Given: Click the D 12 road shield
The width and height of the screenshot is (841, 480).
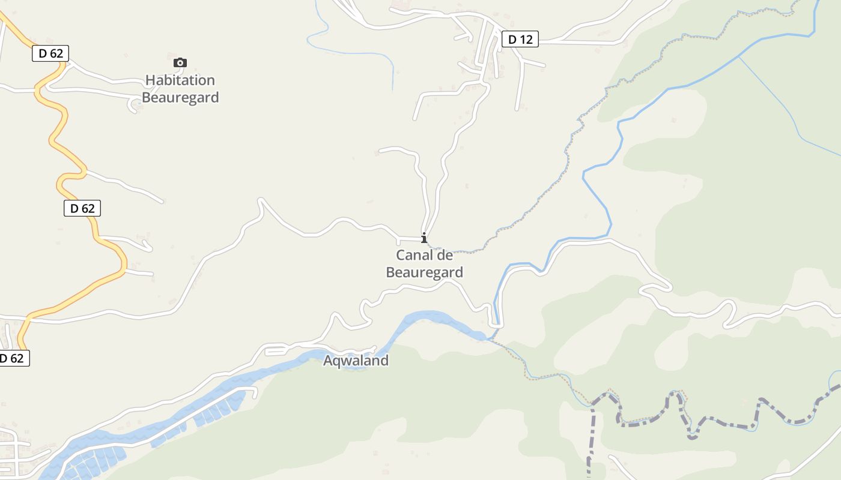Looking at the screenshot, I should coord(520,40).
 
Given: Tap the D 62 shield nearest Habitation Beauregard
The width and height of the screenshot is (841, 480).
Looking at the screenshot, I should coord(50,53).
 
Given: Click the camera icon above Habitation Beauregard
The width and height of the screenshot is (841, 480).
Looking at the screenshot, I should coord(180,62).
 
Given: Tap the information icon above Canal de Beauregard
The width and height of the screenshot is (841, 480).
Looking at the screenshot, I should coord(424,238).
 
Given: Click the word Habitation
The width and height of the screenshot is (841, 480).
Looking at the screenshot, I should coord(180,80).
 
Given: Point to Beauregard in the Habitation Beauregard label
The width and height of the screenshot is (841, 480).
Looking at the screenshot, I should coord(180,97).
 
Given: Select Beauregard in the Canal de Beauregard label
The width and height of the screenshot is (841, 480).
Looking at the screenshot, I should coord(424,272).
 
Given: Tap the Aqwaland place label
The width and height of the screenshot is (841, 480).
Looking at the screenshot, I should coord(356,361).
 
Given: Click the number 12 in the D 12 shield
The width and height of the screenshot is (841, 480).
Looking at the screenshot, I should coord(526,40).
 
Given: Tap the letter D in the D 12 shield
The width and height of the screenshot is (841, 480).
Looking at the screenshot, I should coord(512,40).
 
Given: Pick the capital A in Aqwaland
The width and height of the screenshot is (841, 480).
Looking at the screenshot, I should coord(329,361).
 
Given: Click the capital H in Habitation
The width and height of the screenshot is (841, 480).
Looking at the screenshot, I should coord(150,80).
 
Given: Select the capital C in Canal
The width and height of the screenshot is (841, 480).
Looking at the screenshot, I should coord(401,256).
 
